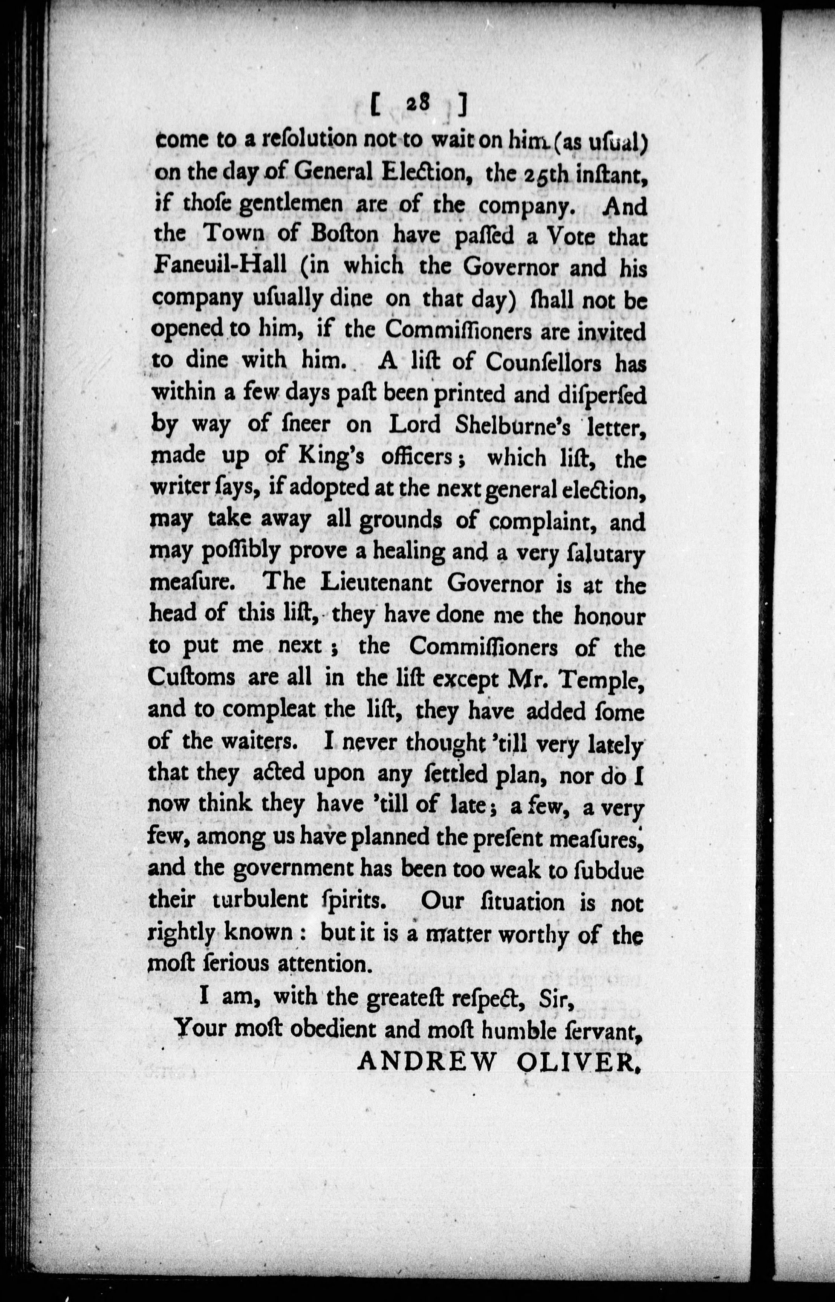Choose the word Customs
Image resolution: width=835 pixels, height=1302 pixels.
(x=191, y=678)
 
